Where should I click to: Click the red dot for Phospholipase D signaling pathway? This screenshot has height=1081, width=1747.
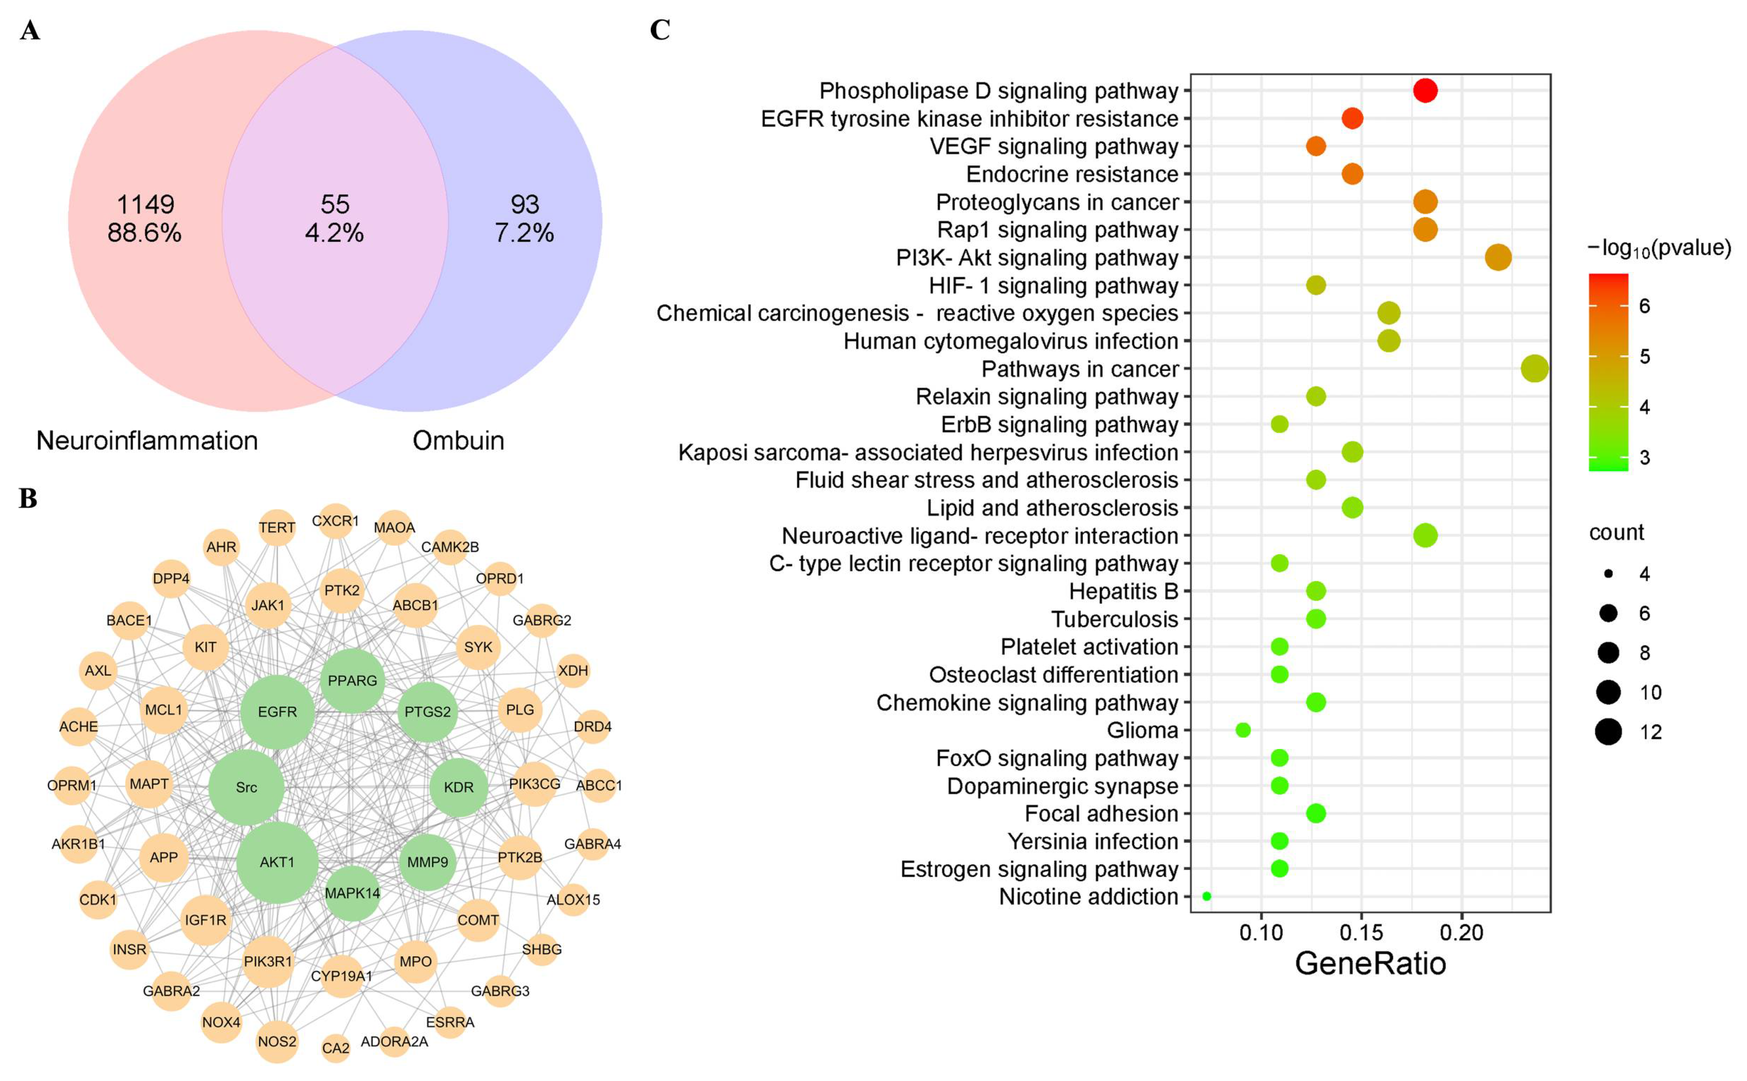coord(1425,91)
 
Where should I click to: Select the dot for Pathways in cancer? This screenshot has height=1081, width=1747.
coord(1535,369)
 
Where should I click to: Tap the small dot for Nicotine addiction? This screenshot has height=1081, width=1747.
coord(1207,896)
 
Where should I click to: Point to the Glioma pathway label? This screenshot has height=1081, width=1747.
coord(1142,730)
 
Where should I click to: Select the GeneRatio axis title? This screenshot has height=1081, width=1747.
coord(1370,964)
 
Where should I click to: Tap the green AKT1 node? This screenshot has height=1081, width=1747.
coord(277,862)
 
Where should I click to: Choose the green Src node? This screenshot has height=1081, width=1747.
coord(246,787)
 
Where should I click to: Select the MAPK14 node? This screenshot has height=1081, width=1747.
coord(352,892)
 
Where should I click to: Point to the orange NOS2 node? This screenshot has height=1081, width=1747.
coord(277,1041)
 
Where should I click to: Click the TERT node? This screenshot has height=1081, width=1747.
coord(277,528)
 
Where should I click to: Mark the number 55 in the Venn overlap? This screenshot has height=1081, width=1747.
coord(334,205)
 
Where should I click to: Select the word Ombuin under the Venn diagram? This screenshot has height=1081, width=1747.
coord(458,440)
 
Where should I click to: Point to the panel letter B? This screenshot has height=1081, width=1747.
coord(28,498)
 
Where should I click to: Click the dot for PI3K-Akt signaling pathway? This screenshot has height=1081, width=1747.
coord(1498,257)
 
